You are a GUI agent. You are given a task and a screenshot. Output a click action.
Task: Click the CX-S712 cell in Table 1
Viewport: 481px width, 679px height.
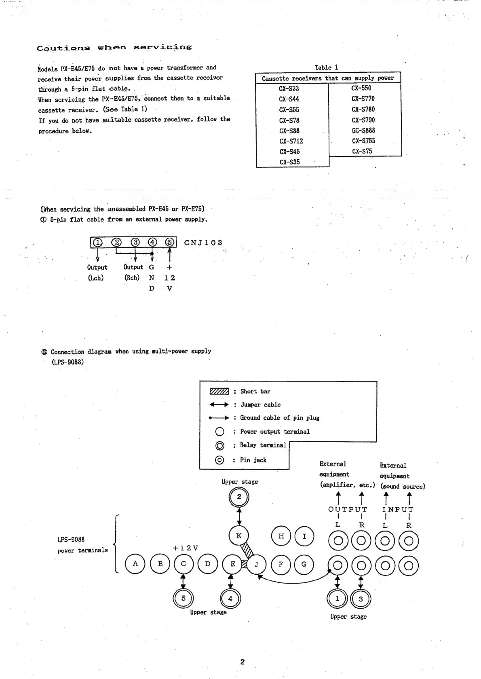pos(291,141)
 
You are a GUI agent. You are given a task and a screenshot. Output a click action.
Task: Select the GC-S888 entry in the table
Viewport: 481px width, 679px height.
pos(363,130)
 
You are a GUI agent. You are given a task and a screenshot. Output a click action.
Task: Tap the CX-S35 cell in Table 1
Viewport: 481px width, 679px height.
pos(289,162)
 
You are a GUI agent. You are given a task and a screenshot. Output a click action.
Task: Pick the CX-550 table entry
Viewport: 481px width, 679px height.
pos(361,88)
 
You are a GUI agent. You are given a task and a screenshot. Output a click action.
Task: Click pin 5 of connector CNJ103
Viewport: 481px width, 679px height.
pos(170,242)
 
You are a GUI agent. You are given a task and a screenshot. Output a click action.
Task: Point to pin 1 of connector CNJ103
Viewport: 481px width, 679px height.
pos(97,242)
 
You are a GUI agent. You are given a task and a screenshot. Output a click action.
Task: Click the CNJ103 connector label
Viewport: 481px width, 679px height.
pos(203,242)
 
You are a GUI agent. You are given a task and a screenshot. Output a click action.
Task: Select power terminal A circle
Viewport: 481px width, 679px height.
pos(135,564)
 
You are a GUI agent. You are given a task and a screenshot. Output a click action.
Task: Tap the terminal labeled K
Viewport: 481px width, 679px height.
pos(239,536)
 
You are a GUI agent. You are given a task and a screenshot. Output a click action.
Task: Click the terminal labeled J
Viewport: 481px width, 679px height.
pos(256,564)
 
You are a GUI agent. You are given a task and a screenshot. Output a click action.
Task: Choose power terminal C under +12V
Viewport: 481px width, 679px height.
pos(184,564)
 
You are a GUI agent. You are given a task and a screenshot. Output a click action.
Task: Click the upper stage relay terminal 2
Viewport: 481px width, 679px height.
pos(239,497)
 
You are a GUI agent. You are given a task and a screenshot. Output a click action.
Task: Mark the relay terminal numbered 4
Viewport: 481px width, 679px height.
pos(230,599)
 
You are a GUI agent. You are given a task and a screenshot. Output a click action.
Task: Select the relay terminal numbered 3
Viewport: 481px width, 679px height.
pos(361,599)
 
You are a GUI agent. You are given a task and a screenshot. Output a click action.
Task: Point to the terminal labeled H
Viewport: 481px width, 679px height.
pos(281,536)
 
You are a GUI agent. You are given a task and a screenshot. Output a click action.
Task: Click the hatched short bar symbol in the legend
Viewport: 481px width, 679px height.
pos(219,391)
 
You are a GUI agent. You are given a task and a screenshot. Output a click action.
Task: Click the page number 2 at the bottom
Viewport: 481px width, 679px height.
pos(242,662)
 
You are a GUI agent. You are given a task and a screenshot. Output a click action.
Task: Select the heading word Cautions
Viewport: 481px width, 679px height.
pos(63,48)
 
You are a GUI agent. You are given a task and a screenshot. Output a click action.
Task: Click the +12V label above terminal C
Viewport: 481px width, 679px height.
pos(186,548)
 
